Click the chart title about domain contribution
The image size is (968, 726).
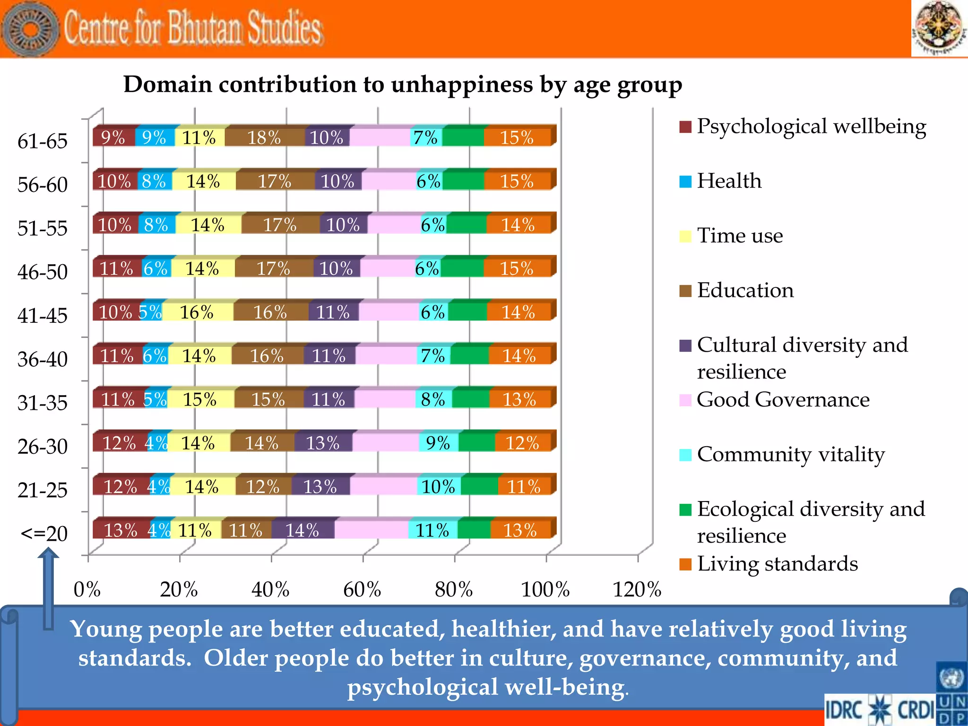[403, 85]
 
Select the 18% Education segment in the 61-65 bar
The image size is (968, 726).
[264, 138]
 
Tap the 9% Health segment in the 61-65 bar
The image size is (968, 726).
[154, 138]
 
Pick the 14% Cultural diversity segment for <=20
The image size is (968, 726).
[302, 530]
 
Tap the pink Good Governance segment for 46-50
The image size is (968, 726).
[387, 268]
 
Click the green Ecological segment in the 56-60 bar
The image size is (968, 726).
[463, 181]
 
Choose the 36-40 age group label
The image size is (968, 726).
[43, 359]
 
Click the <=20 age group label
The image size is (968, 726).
[44, 534]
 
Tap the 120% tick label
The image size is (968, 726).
[637, 589]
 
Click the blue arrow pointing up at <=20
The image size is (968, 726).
[48, 586]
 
